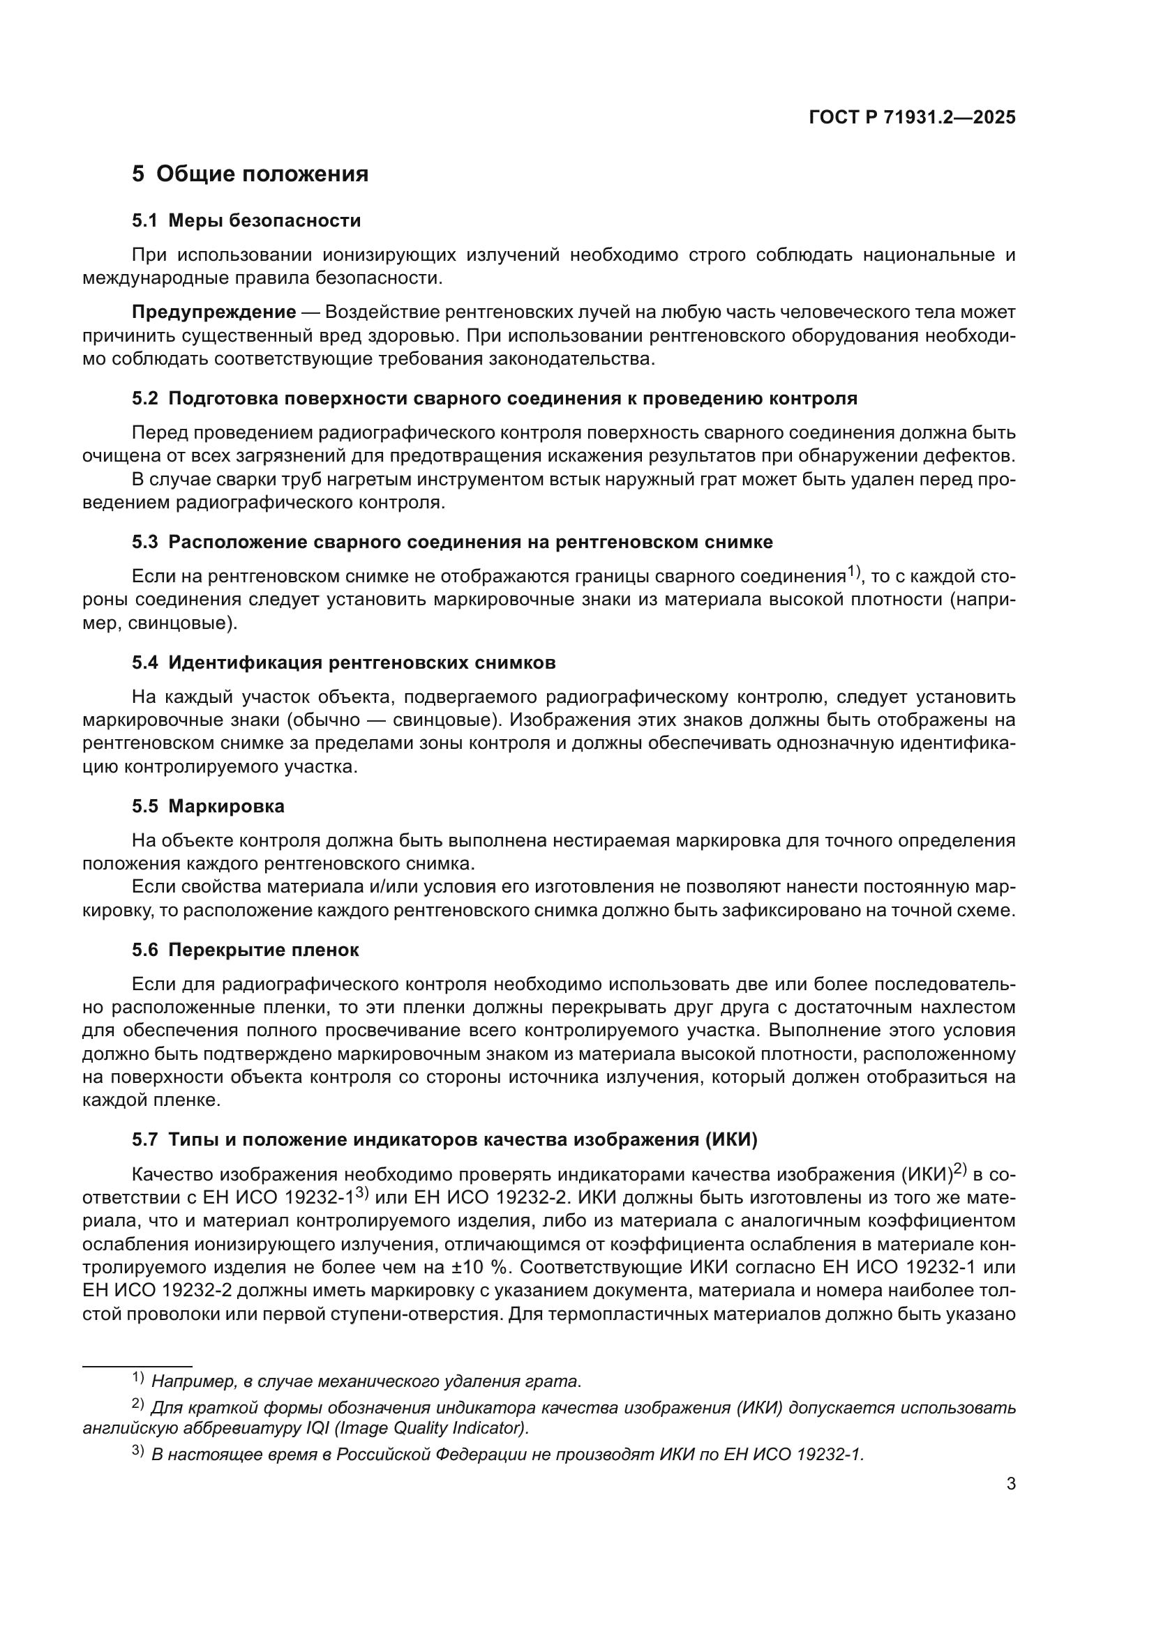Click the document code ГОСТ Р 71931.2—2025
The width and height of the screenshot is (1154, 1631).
pyautogui.click(x=912, y=118)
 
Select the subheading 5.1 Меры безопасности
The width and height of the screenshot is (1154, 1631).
pyautogui.click(x=246, y=221)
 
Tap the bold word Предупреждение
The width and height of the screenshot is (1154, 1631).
pyautogui.click(x=214, y=312)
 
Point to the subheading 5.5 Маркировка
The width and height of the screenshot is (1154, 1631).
pyautogui.click(x=207, y=806)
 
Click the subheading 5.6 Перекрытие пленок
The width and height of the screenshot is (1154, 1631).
pyautogui.click(x=245, y=950)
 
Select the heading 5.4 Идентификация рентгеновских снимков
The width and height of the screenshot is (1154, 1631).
pyautogui.click(x=343, y=662)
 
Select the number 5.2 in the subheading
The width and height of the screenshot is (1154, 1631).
pyautogui.click(x=145, y=399)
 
